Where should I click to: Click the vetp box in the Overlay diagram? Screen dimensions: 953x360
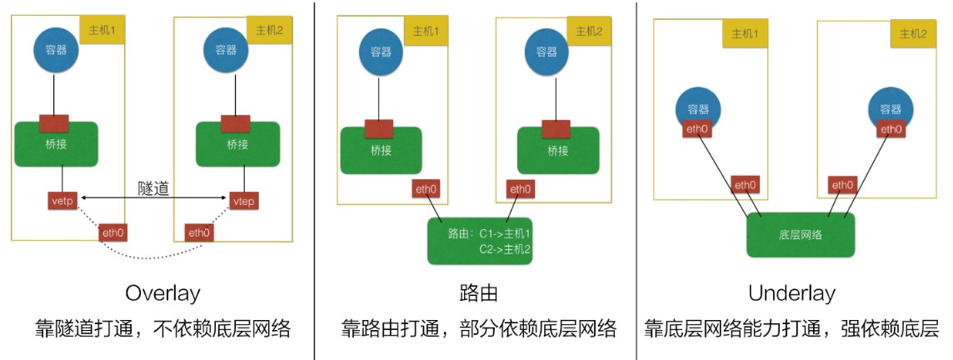click(62, 200)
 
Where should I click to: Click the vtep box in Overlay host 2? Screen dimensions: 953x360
click(244, 200)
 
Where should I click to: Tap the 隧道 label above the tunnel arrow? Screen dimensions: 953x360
click(153, 187)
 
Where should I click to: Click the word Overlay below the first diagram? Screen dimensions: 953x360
click(162, 293)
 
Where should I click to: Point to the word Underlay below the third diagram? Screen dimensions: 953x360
click(792, 293)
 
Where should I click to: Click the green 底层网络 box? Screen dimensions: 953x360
click(800, 235)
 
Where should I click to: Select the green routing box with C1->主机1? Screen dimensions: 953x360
click(480, 241)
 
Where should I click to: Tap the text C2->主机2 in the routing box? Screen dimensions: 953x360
click(505, 249)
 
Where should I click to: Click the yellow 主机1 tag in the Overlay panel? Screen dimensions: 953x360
click(102, 28)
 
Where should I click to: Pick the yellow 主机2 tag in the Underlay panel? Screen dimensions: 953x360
click(913, 34)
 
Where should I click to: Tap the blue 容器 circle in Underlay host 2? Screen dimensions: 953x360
click(891, 109)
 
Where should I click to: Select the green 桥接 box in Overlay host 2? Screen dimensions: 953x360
click(237, 144)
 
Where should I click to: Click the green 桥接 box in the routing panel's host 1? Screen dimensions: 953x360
click(381, 150)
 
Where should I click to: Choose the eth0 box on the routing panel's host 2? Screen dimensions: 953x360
click(520, 189)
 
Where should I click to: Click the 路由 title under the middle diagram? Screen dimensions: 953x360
click(479, 293)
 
